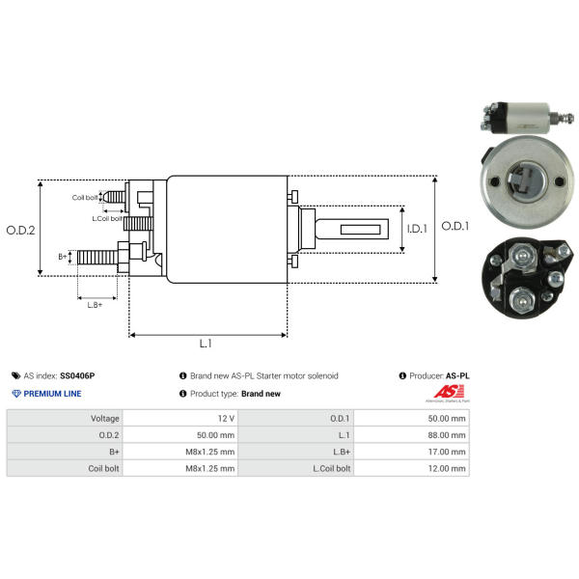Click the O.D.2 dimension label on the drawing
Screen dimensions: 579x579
point(20,231)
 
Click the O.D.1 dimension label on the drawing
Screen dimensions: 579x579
point(455,226)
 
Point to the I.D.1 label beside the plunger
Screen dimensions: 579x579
point(417,229)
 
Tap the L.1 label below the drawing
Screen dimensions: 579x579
point(206,344)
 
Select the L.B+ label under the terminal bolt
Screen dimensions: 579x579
point(95,305)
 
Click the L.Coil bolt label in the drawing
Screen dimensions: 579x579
point(107,219)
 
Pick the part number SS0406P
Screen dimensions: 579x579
point(77,376)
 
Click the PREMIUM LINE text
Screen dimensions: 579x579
point(52,394)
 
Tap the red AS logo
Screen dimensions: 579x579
point(449,392)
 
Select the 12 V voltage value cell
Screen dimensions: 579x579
point(180,419)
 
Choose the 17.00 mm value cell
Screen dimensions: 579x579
point(411,452)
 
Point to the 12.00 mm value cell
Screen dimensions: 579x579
point(411,468)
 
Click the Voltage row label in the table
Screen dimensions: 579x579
point(105,419)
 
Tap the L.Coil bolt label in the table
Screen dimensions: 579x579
point(332,468)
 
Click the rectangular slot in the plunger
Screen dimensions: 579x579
point(360,230)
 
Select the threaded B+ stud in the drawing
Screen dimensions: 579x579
point(97,257)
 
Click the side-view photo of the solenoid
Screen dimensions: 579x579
point(527,118)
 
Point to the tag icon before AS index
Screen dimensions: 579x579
point(15,376)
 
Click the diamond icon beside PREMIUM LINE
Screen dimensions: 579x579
point(16,394)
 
